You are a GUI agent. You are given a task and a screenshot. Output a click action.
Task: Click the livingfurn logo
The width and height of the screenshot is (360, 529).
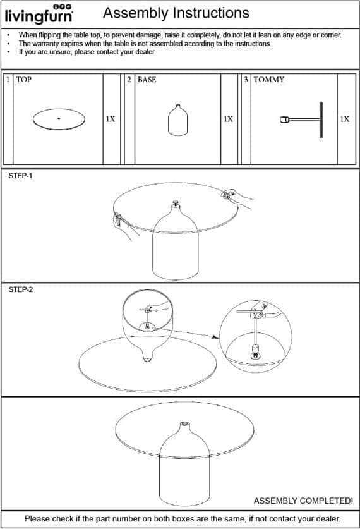pyautogui.click(x=39, y=14)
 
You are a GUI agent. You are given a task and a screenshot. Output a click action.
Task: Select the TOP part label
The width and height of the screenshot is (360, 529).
pyautogui.click(x=23, y=80)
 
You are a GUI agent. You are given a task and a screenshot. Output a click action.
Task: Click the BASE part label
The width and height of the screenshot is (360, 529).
pyautogui.click(x=147, y=80)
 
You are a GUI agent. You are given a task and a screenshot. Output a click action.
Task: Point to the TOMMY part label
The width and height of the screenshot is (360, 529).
pyautogui.click(x=268, y=80)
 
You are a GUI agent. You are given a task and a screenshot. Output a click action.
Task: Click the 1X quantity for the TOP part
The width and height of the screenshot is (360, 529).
pyautogui.click(x=111, y=119)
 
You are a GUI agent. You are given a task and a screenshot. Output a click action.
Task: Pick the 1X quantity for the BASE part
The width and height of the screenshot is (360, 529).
pyautogui.click(x=228, y=119)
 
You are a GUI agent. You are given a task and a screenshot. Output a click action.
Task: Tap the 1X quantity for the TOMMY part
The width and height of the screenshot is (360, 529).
pyautogui.click(x=344, y=119)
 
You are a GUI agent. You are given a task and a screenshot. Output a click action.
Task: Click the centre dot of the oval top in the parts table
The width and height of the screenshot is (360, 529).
pyautogui.click(x=59, y=118)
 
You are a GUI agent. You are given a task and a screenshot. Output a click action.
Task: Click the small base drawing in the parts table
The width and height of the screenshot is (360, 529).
pyautogui.click(x=177, y=119)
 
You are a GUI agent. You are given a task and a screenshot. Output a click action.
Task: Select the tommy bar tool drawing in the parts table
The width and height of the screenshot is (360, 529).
pyautogui.click(x=302, y=119)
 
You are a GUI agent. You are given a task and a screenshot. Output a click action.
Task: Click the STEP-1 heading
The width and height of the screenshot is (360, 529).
pyautogui.click(x=21, y=176)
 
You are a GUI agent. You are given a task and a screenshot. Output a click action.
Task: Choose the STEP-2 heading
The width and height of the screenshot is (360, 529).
pyautogui.click(x=21, y=289)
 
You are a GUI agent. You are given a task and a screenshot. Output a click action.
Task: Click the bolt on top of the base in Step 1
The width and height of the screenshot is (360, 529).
pyautogui.click(x=176, y=203)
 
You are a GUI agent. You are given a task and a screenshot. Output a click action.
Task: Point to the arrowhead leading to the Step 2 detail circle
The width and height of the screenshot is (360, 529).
pyautogui.click(x=215, y=337)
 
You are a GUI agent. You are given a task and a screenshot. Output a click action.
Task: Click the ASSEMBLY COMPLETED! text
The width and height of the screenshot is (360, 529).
pyautogui.click(x=303, y=501)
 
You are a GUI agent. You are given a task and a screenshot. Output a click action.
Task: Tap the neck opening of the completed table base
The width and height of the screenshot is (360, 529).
pyautogui.click(x=184, y=423)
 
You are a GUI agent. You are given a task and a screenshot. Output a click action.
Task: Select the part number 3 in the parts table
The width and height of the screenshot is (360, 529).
pyautogui.click(x=246, y=80)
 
